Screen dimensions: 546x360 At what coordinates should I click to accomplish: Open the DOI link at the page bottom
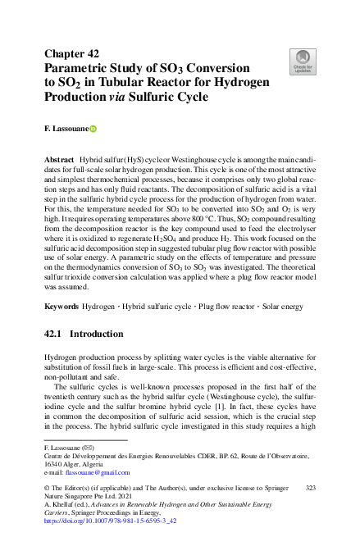109,521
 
